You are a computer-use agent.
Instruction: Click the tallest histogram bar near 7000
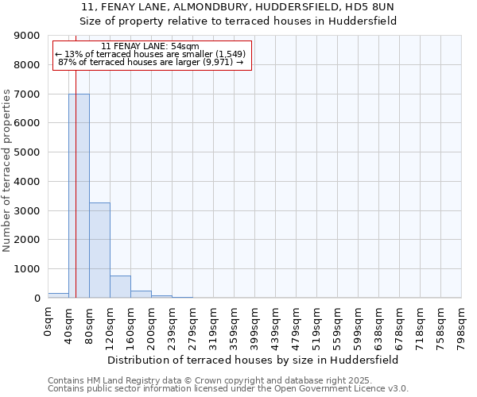click(x=79, y=195)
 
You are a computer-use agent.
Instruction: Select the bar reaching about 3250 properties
click(x=99, y=250)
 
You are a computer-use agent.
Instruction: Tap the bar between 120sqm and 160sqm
click(x=120, y=287)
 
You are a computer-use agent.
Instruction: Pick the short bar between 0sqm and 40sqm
click(x=58, y=295)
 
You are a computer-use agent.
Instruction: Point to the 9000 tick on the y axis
click(x=29, y=36)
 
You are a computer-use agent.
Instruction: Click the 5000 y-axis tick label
click(x=29, y=152)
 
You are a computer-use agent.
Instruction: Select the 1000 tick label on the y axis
click(x=29, y=269)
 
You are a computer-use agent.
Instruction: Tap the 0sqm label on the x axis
click(x=48, y=322)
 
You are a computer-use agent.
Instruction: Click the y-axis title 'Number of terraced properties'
click(x=7, y=171)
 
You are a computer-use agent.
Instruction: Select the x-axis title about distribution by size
click(x=253, y=360)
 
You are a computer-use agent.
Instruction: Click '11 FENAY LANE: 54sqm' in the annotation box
click(x=151, y=47)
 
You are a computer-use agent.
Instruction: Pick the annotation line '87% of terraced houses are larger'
click(x=151, y=63)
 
